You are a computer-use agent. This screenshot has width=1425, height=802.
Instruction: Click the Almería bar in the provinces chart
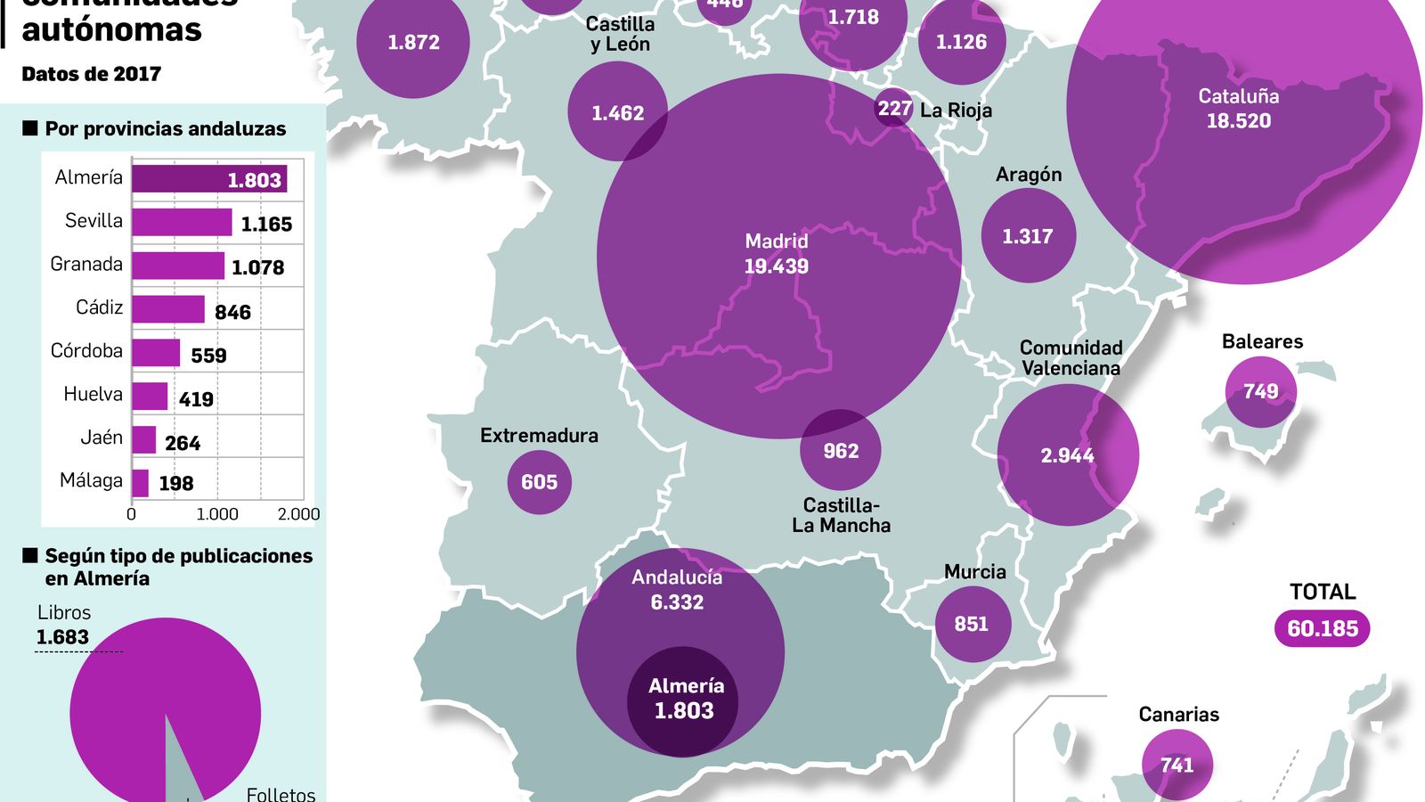209,178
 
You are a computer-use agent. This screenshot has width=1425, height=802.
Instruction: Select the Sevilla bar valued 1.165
182,222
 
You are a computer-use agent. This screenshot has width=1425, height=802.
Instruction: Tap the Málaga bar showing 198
140,483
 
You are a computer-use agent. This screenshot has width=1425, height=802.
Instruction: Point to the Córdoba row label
86,350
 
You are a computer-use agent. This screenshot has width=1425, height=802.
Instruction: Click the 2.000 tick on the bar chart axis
298,514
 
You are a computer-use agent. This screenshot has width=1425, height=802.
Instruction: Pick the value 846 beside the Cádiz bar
232,312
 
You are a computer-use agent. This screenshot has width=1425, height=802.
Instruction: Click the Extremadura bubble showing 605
539,482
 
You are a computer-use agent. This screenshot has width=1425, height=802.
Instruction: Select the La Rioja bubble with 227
893,109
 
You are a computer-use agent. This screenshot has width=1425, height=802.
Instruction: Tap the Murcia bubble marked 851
971,624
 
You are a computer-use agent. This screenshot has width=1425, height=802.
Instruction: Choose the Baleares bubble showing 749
1260,391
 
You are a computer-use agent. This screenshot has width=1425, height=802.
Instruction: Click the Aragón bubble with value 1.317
1028,236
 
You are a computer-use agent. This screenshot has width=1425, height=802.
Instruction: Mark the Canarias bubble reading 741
1177,765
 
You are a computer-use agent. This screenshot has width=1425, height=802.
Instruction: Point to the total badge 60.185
1323,628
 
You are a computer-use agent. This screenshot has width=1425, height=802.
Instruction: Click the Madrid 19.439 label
777,254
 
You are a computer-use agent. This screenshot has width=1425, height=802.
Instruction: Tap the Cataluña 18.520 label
1238,109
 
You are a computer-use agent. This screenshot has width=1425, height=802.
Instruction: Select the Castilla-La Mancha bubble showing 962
841,451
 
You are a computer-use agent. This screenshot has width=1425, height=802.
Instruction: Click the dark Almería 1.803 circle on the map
683,700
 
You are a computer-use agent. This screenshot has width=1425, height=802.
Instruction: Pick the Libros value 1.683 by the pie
62,637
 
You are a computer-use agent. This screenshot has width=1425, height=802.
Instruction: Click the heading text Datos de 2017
91,74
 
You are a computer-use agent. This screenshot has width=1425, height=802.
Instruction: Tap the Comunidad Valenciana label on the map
1071,357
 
